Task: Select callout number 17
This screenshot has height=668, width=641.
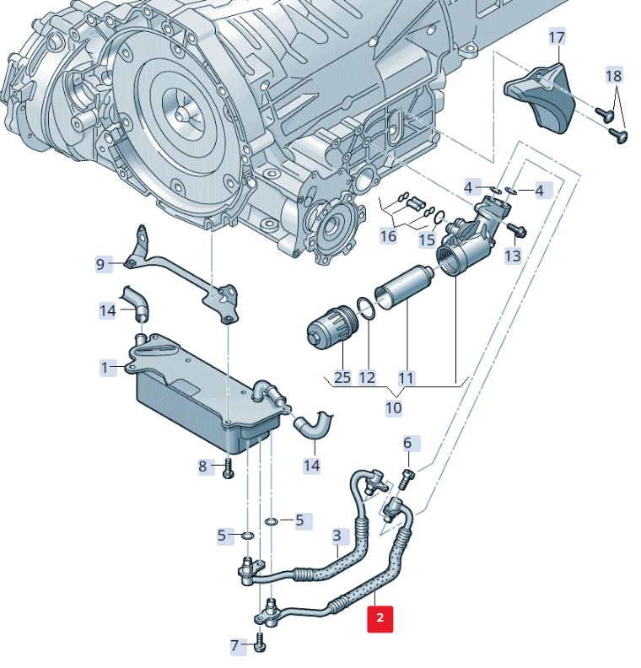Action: click(558, 37)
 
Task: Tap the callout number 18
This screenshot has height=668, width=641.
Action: click(614, 76)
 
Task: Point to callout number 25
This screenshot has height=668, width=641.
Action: click(342, 377)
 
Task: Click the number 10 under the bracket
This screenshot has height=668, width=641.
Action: click(394, 408)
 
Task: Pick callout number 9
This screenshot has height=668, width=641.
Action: click(100, 265)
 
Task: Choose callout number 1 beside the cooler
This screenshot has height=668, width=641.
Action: click(105, 368)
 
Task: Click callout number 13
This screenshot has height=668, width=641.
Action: click(513, 255)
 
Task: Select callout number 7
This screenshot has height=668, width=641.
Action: click(235, 647)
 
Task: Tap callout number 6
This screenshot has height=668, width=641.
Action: click(407, 443)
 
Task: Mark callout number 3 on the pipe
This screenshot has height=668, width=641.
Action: click(337, 535)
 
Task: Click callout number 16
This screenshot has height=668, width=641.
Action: click(388, 236)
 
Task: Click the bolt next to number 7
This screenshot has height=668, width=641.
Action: click(259, 645)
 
